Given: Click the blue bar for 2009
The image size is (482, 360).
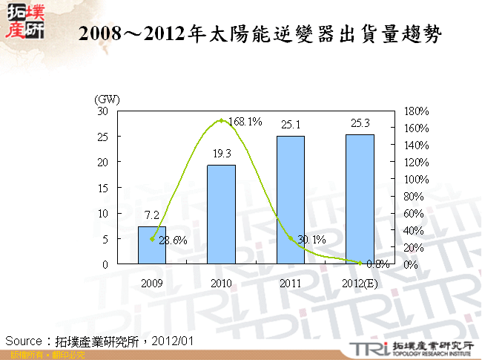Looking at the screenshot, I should [152, 245].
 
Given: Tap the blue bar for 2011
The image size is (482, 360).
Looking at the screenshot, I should [291, 200].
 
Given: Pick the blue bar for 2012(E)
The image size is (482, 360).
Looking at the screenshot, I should [360, 199].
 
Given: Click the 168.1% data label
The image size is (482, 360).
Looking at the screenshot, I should [245, 122].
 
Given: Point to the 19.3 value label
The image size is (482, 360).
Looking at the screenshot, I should [221, 153].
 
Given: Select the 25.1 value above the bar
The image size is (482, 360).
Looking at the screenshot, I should [291, 125].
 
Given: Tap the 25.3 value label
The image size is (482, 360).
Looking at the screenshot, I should [360, 123].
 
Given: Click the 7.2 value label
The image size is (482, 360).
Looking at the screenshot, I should [152, 215].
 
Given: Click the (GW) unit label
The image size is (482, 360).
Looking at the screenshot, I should [107, 99].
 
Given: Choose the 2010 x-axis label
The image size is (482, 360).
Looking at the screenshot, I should [221, 283].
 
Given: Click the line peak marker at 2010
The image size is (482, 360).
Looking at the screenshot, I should [221, 120].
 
